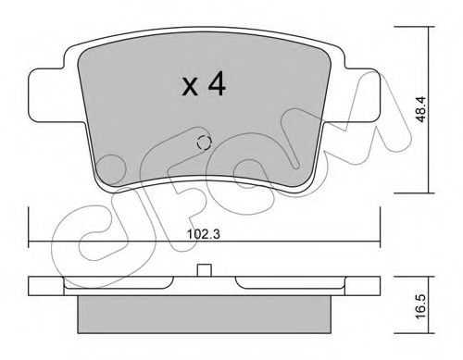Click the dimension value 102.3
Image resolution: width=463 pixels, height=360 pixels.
(x=204, y=234)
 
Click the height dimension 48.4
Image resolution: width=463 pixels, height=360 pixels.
(x=420, y=109)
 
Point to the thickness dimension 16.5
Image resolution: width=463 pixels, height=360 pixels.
(x=420, y=306)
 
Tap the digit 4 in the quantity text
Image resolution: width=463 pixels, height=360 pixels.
(x=217, y=82)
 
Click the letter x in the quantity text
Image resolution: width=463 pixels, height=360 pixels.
(x=190, y=86)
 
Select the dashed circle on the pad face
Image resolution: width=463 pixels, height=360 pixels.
(x=204, y=143)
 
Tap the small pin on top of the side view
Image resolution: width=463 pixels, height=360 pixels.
(x=204, y=270)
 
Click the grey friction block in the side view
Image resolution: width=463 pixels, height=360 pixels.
(x=204, y=315)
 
